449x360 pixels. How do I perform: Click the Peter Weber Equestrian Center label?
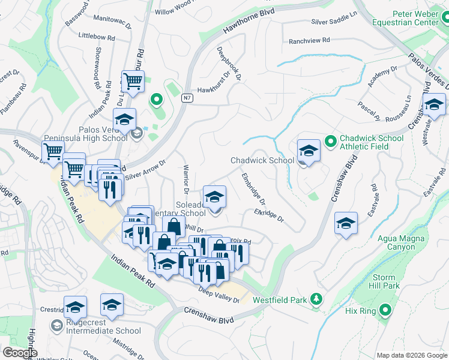[x=415, y=18]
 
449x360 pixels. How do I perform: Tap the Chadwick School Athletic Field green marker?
[x=330, y=142]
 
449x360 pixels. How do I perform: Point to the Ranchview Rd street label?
[x=309, y=41]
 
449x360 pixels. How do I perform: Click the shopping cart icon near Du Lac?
[x=132, y=81]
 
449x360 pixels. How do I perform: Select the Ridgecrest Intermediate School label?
[x=104, y=330]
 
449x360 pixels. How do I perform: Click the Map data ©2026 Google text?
[x=411, y=355]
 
